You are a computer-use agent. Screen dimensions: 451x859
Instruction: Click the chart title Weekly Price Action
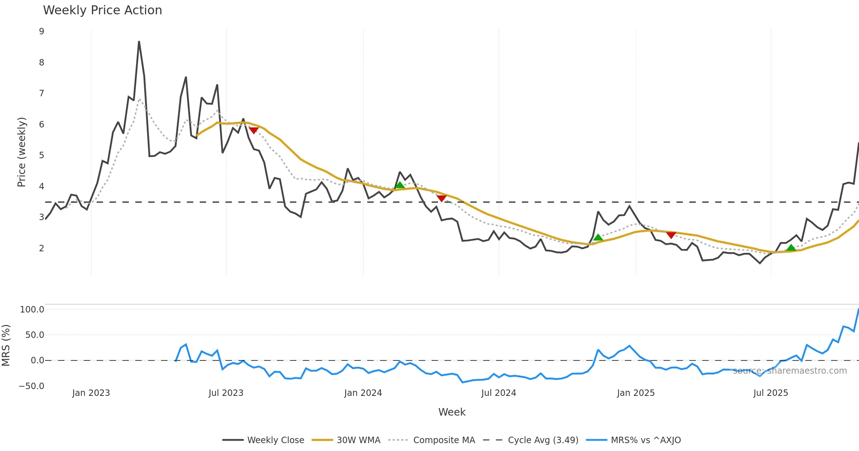coord(102,10)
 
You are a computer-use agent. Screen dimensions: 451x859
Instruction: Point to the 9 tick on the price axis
coord(42,31)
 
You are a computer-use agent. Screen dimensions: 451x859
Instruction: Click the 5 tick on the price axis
coord(42,155)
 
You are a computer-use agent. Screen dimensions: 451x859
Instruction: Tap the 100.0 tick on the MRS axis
coord(32,310)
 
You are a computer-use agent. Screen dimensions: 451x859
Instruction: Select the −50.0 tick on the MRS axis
coord(31,386)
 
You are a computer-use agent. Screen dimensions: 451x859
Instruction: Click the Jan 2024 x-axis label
coord(363,393)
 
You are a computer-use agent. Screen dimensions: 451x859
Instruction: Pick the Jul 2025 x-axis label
coord(771,393)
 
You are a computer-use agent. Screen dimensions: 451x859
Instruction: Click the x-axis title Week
coord(452,412)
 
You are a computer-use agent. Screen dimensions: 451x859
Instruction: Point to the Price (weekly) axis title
coord(21,152)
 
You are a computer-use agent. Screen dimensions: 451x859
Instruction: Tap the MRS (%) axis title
coord(6,345)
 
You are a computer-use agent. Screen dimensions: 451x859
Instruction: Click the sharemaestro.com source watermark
coord(790,371)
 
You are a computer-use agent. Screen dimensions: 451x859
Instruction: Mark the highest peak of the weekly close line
coord(139,42)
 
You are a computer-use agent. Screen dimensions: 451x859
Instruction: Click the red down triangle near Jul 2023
coord(254,130)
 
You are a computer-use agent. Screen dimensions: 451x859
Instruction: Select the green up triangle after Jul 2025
coord(791,248)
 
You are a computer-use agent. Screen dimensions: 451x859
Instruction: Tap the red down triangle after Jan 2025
coord(671,235)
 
